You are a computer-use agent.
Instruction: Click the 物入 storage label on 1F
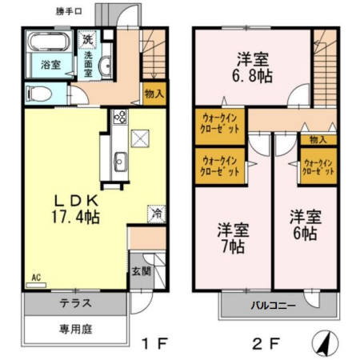point(155,94)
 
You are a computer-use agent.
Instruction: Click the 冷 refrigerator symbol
point(157,214)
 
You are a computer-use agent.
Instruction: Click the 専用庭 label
point(74,329)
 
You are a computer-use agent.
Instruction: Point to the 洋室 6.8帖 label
point(251,68)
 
